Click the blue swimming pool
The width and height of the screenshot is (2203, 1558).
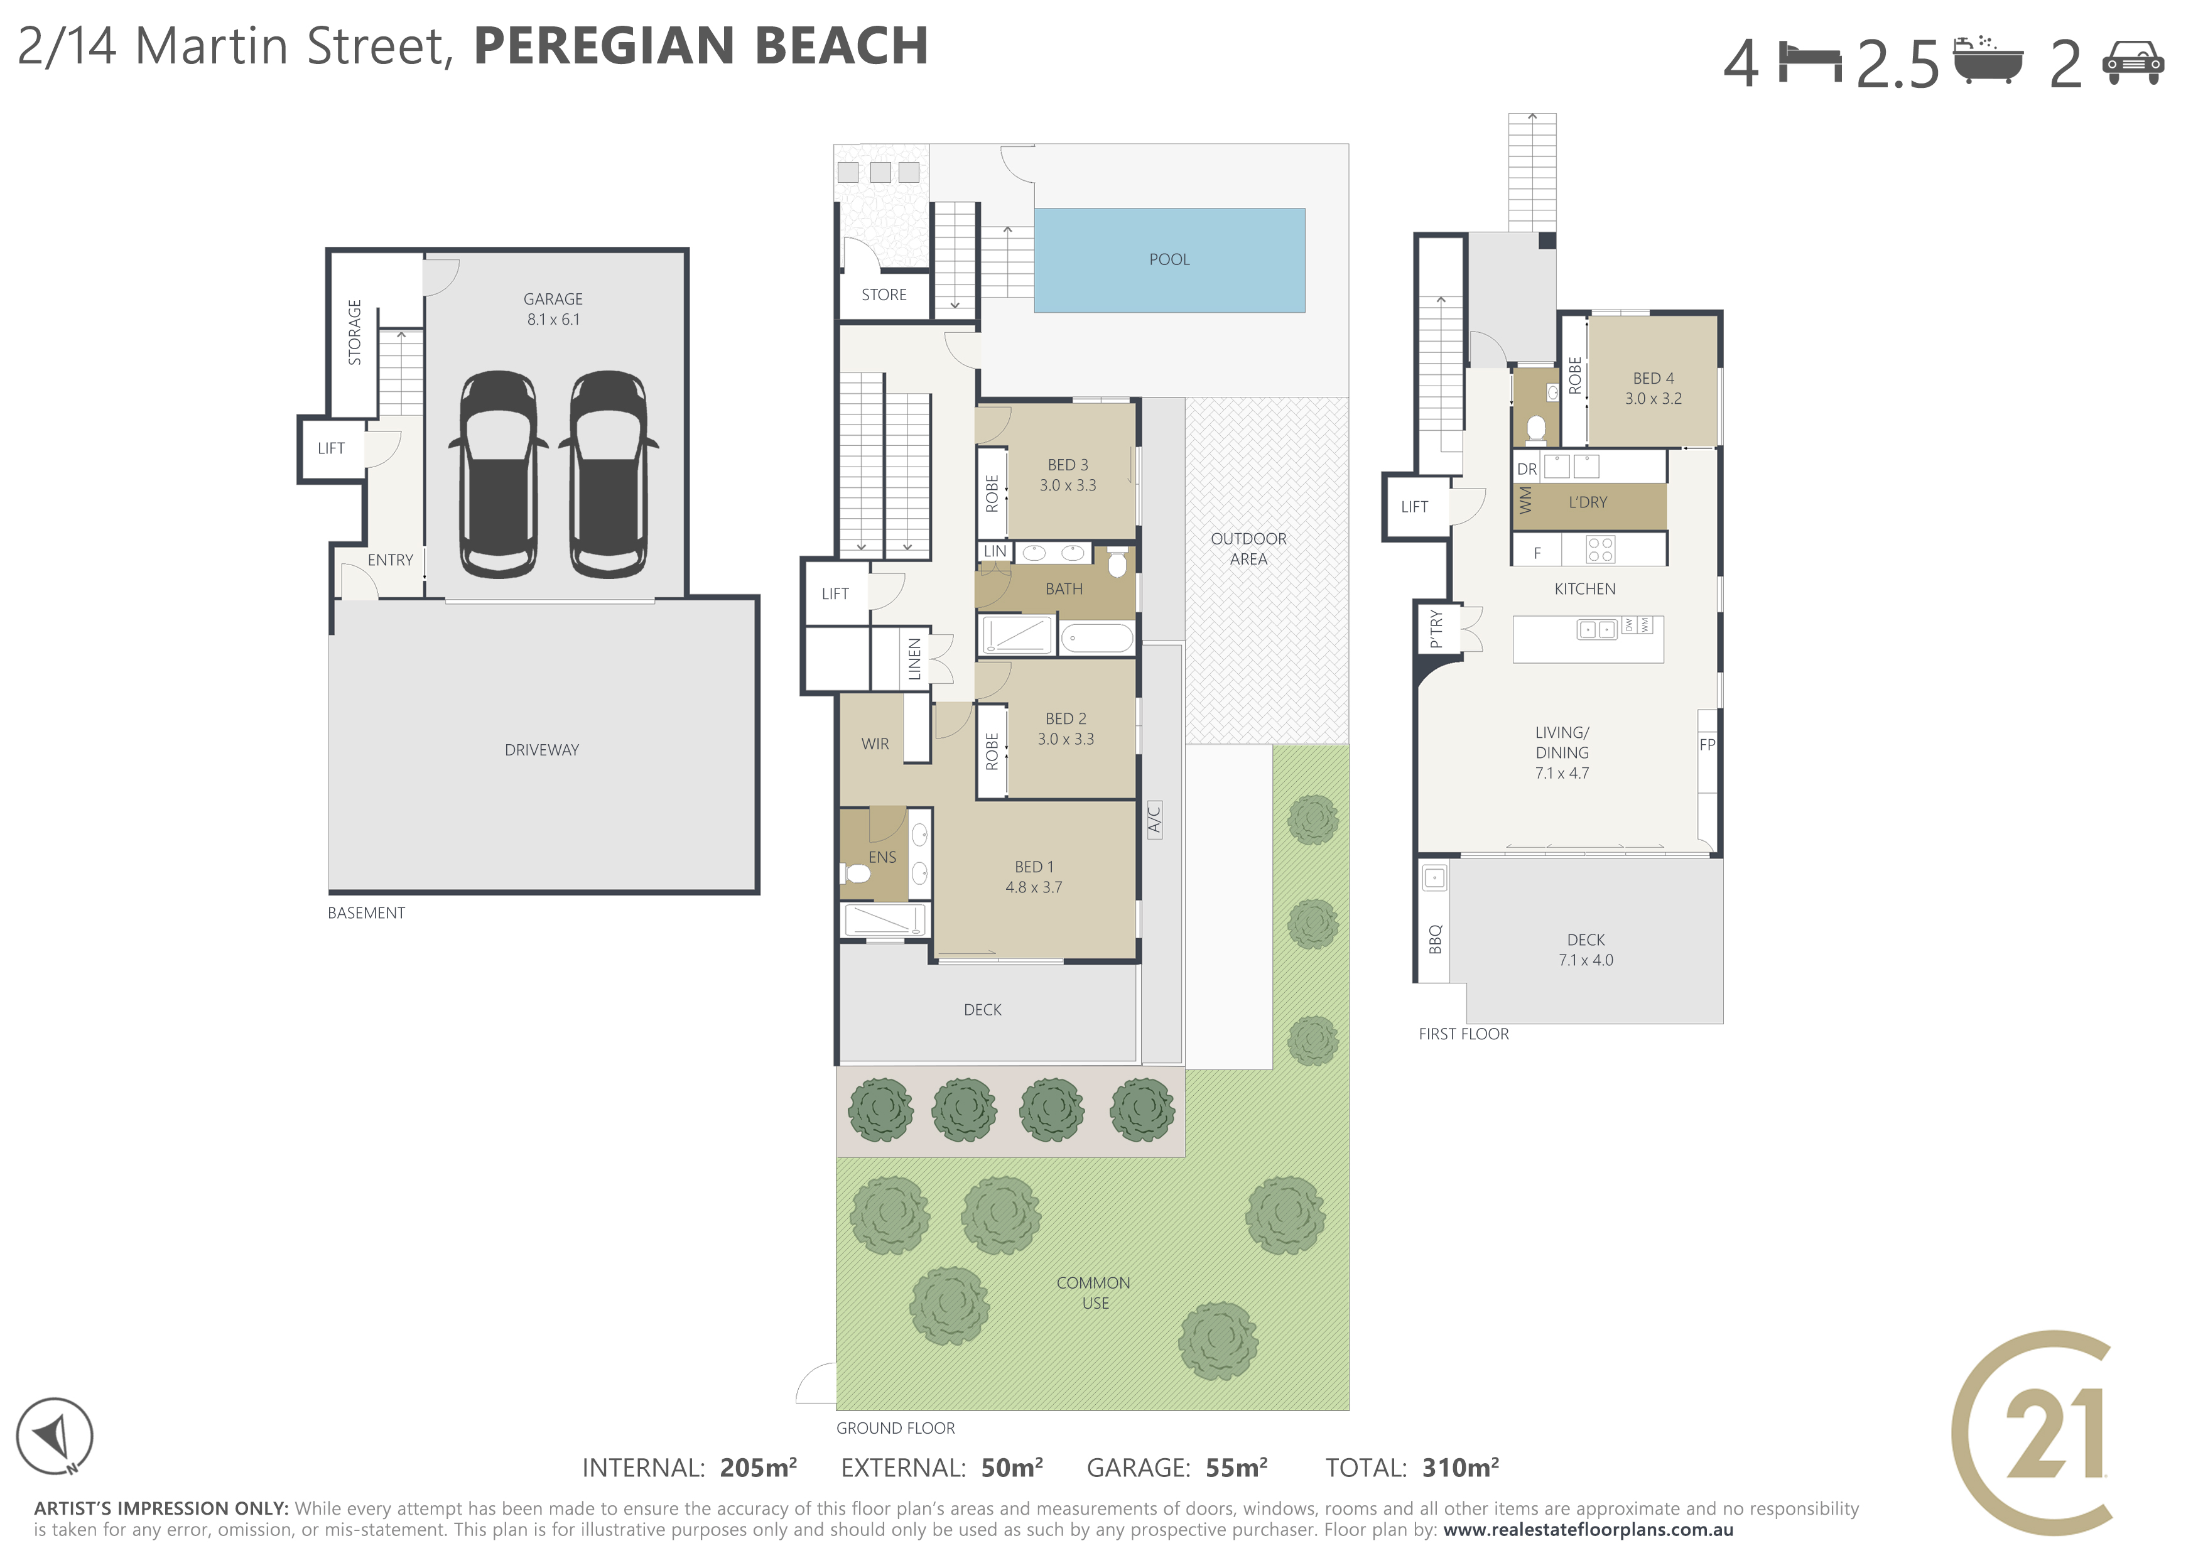(1169, 260)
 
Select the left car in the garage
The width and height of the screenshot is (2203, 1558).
(499, 474)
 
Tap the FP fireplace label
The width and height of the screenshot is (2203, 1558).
(1707, 745)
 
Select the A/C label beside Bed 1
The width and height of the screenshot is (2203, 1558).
(1154, 820)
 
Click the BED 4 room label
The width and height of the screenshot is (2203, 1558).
(1654, 379)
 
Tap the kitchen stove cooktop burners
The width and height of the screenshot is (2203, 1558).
(1600, 549)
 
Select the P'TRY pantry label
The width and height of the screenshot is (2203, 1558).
(1436, 629)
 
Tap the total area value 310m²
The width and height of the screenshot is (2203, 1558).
(1460, 1468)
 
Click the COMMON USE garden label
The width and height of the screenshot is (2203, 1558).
(1094, 1293)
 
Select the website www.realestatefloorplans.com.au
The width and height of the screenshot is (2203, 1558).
(1588, 1530)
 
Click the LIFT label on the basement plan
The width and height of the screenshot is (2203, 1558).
(331, 448)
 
